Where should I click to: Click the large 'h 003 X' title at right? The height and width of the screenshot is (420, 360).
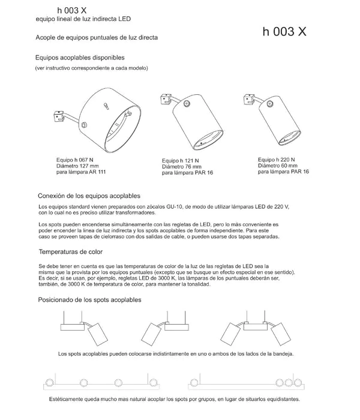click(284, 32)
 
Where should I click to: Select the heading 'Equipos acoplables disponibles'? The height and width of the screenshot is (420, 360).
click(80, 58)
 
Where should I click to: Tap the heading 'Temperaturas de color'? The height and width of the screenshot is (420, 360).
click(70, 252)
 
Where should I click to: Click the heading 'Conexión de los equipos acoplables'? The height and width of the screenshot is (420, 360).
click(89, 196)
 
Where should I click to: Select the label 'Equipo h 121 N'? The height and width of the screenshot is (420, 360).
click(182, 161)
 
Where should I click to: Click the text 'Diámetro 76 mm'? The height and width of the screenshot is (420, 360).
click(182, 167)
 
